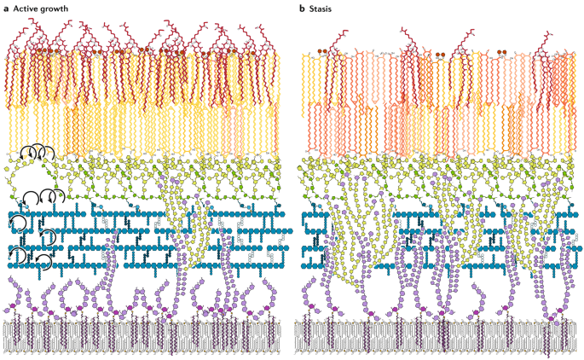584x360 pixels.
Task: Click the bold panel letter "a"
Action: pyautogui.click(x=6, y=8)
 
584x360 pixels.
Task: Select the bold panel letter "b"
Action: pyautogui.click(x=301, y=8)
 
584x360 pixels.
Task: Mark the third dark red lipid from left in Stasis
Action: pyautogui.click(x=467, y=38)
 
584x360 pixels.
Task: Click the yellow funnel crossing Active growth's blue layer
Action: pyautogui.click(x=183, y=230)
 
